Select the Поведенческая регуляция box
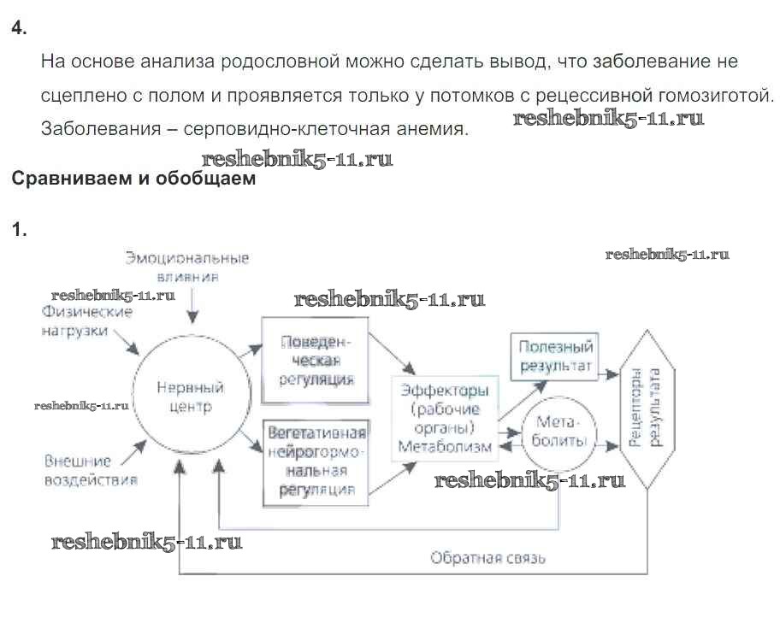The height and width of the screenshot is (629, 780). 315,359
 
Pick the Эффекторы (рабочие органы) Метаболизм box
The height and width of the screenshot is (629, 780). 445,418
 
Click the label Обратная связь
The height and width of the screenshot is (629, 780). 488,558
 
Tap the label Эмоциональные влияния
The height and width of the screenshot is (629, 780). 187,267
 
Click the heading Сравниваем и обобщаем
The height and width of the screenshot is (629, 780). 132,179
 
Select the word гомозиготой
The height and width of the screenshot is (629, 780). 718,96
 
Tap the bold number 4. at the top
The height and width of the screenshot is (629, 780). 19,28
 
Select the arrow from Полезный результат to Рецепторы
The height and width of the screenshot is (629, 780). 608,373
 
